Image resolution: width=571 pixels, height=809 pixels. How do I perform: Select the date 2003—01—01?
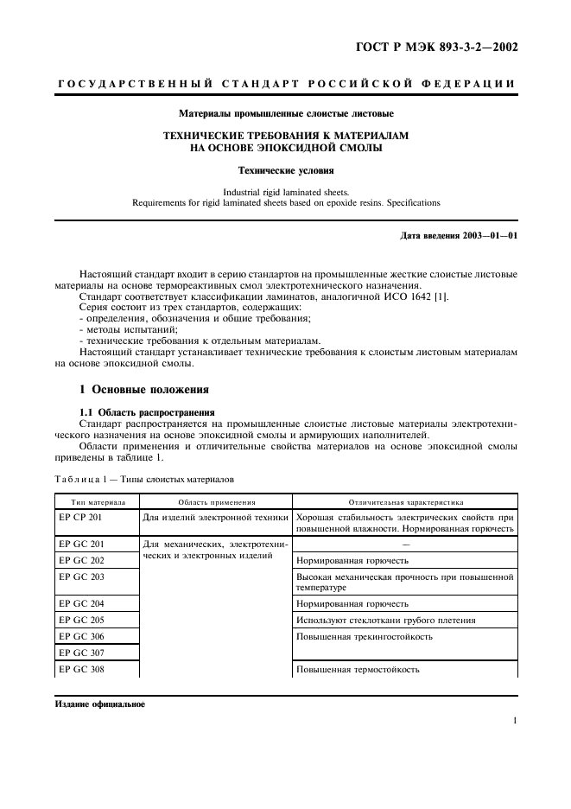[x=488, y=235]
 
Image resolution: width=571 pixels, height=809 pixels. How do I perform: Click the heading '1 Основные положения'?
[x=148, y=389]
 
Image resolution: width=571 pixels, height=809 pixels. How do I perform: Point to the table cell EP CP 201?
[x=81, y=517]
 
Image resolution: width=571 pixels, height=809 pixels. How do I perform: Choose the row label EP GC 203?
[x=81, y=576]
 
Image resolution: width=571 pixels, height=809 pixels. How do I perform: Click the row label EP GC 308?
[x=81, y=669]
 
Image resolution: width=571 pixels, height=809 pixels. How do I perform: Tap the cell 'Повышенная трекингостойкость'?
[x=364, y=637]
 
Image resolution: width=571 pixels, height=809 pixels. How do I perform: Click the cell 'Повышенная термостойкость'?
[x=358, y=669]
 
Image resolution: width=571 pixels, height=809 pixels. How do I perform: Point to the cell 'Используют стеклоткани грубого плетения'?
[x=385, y=621]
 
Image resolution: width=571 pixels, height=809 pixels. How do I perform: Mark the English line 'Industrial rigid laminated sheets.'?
[x=286, y=192]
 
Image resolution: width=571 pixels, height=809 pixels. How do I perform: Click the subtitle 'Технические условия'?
[x=286, y=171]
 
